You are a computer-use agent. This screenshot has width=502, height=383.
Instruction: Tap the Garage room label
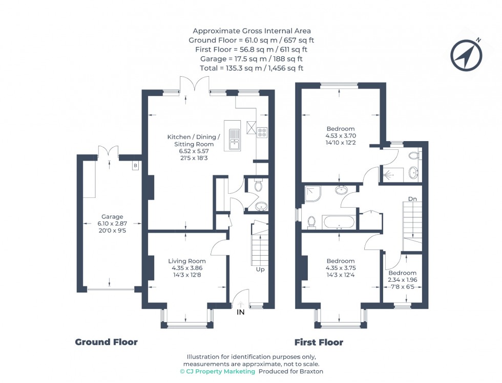[112, 217]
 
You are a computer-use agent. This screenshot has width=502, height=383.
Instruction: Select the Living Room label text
[187, 261]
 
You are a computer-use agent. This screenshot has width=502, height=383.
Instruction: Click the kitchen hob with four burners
[262, 132]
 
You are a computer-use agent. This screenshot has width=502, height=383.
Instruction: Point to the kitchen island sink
[234, 138]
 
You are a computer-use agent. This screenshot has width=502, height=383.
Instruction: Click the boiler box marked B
[135, 166]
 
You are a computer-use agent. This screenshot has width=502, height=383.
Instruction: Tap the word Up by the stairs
[260, 269]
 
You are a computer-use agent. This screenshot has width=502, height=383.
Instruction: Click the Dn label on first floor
[412, 198]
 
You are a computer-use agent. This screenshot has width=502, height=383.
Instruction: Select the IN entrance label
[240, 312]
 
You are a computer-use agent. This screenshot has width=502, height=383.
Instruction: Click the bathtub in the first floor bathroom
[337, 222]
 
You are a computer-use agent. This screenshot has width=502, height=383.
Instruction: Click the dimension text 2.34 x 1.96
[402, 280]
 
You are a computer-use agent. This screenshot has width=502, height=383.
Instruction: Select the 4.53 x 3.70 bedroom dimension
[340, 136]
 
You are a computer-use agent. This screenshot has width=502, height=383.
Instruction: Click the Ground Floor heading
[106, 342]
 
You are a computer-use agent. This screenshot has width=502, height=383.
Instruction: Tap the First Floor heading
[319, 342]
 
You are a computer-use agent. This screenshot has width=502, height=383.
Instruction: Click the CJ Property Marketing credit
[217, 371]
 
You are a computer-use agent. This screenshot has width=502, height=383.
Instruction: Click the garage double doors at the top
[109, 152]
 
